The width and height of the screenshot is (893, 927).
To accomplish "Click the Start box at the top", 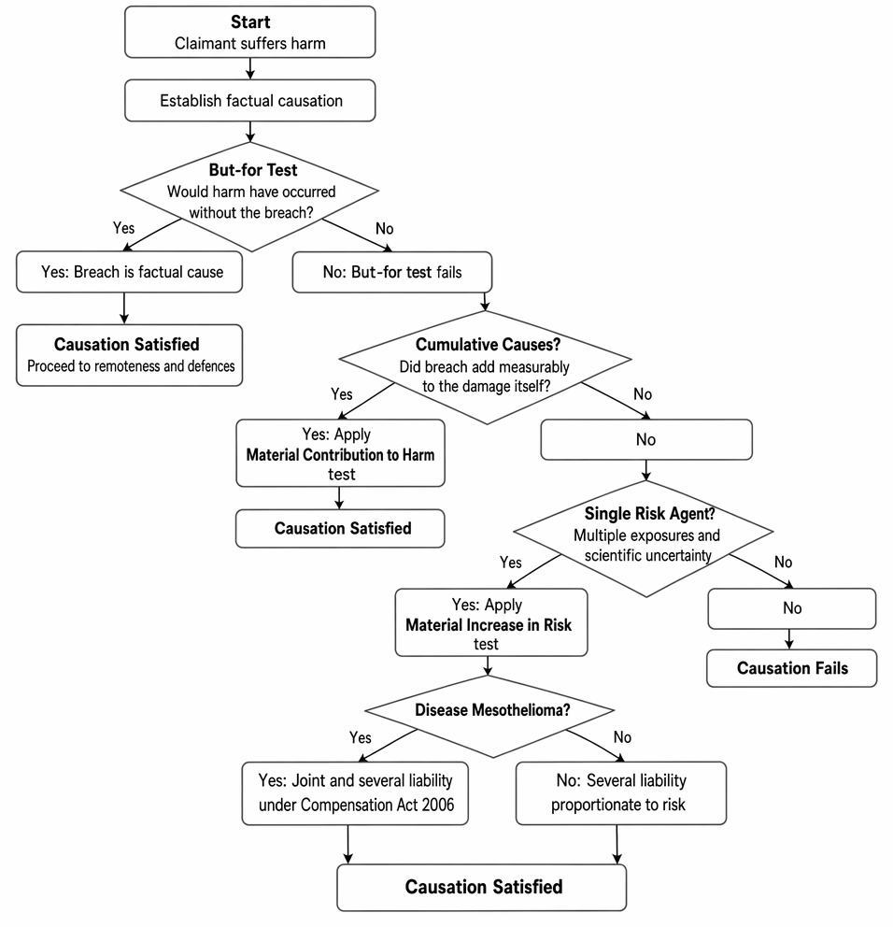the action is coord(250,32).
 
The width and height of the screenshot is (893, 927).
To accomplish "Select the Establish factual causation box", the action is coord(250,101).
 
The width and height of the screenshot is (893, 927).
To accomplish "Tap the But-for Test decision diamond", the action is coord(249,196).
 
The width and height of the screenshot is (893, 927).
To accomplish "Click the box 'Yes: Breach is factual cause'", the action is coord(130,272).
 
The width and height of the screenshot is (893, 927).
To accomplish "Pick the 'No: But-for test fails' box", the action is coord(392,272).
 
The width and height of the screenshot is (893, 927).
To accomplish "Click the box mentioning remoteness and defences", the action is coord(130,355).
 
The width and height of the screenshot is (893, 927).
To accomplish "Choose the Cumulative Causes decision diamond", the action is coord(486,368).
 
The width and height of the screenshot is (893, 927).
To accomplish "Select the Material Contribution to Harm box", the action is coord(340,453).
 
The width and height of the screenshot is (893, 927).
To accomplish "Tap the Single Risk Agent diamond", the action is coord(645,538).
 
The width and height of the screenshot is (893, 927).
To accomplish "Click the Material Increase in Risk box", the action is coord(491,622).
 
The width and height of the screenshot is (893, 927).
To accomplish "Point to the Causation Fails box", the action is coord(792,668).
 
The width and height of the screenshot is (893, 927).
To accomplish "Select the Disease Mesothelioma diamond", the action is coord(490,716).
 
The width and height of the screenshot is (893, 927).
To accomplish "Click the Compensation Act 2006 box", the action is coord(355,793).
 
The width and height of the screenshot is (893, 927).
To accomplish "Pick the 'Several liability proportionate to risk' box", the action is coord(621,793).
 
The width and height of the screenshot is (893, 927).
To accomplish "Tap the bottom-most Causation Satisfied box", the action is coord(482,888).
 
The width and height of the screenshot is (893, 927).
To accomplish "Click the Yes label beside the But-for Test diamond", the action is coord(123,228).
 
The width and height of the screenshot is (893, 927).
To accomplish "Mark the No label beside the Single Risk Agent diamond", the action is coord(783,563).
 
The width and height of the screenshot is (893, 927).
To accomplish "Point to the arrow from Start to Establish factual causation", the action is coord(250,68).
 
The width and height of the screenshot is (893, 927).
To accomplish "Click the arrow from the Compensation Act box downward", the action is coord(348,845).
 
